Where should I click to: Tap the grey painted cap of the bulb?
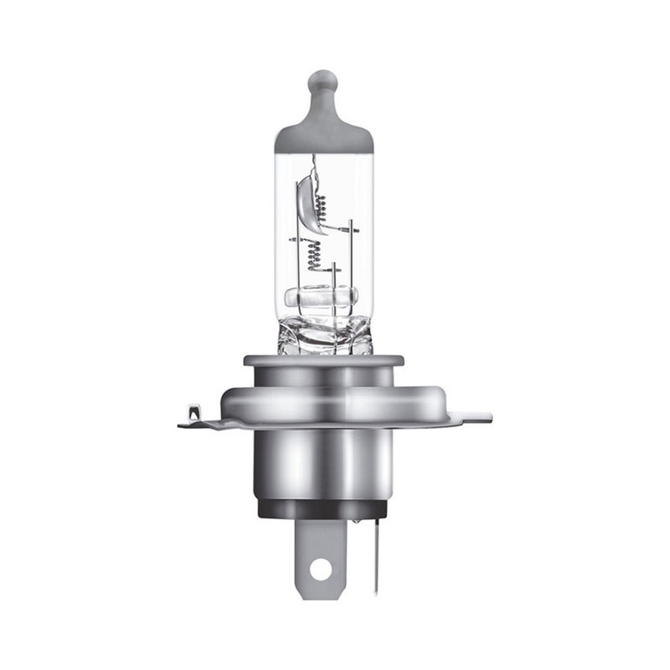point(323,134)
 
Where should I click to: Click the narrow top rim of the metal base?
point(323,361)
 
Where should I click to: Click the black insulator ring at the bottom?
point(323,508)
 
